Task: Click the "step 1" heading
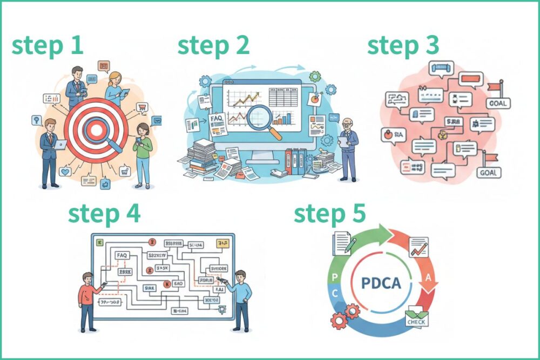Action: [x=48, y=46]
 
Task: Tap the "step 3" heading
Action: [x=403, y=46]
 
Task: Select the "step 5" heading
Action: [x=329, y=214]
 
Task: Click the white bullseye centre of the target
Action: [x=96, y=130]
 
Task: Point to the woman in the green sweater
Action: [x=144, y=154]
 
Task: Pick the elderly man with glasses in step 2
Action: [x=348, y=146]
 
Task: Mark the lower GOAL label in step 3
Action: [x=489, y=173]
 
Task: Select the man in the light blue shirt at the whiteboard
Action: [x=240, y=297]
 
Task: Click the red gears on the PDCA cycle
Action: [x=345, y=316]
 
